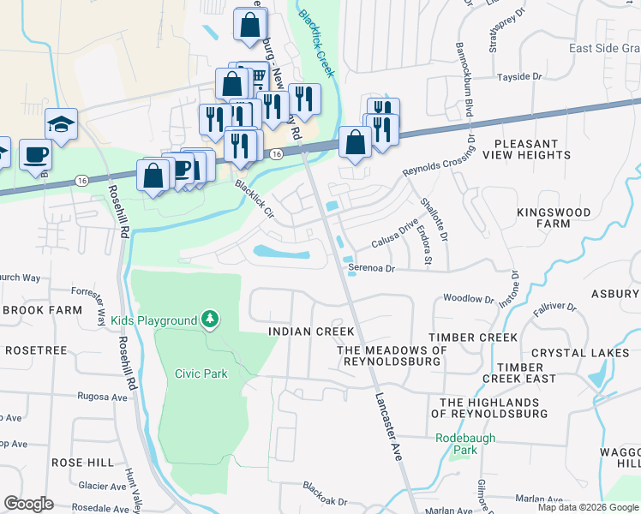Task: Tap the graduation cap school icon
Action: tap(61, 125)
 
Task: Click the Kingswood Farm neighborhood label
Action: tap(554, 218)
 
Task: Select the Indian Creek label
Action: tap(299, 331)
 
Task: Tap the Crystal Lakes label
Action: tap(580, 353)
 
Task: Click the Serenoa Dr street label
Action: tap(371, 268)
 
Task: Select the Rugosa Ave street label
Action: tap(103, 397)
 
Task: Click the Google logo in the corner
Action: tap(29, 504)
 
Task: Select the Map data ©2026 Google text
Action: tap(587, 507)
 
